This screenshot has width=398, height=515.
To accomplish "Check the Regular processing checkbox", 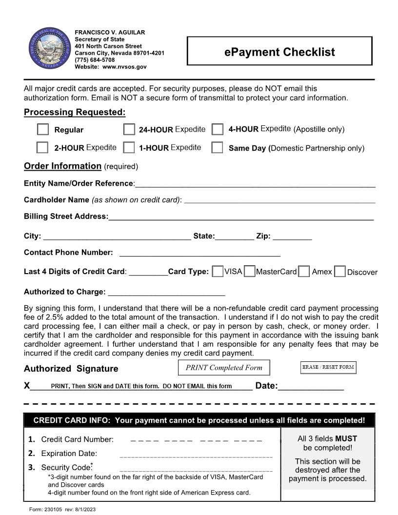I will pos(43,129).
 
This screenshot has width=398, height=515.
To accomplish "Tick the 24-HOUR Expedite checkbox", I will pos(129,129).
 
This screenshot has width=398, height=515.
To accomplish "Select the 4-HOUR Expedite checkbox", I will pos(218,129).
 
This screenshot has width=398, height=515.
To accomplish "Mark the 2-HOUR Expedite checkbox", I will pos(43,147).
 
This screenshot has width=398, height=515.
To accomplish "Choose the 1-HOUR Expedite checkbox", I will pos(129,147).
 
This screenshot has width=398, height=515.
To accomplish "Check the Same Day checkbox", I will pos(218,147).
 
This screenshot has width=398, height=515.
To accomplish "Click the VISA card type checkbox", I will pos(218,271).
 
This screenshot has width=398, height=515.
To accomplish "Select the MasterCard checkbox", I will pos(249,271).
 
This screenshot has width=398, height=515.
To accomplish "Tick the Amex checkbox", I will pos(304,272).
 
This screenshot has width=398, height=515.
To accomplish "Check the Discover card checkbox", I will pos(340,272).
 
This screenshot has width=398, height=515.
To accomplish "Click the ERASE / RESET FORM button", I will pos(328,367).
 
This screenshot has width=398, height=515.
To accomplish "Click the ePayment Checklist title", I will pos(279,52).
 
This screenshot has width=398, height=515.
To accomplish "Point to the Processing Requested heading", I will pos(75,112).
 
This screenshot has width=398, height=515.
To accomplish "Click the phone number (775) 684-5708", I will pos(95,60).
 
